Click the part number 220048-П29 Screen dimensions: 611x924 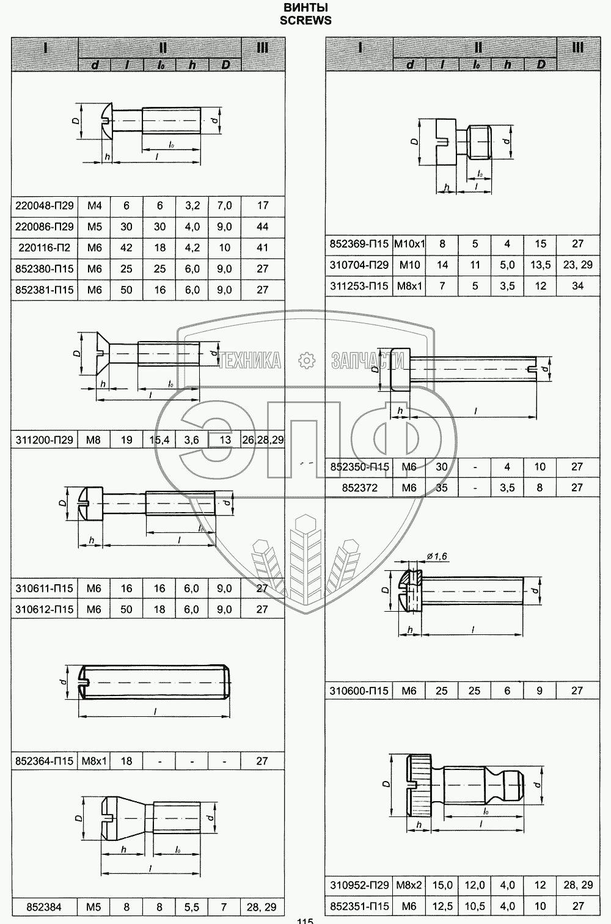(x=45, y=205)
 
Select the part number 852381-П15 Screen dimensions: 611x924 (x=45, y=290)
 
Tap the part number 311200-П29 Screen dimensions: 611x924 (x=45, y=440)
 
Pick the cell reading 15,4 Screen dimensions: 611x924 (x=159, y=440)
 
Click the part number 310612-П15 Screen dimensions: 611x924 (x=45, y=609)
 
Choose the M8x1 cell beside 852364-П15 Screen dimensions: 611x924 (x=94, y=761)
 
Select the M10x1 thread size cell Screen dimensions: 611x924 (x=409, y=244)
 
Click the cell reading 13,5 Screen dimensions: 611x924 (x=541, y=265)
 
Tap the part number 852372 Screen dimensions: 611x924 (x=360, y=488)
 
